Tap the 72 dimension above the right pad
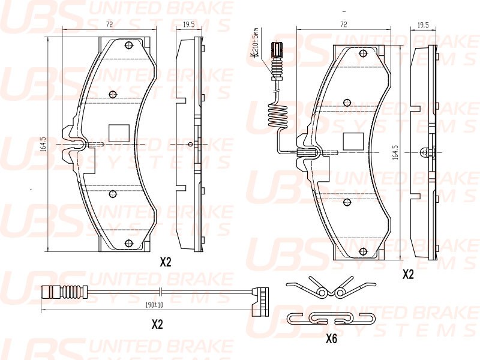click(343, 25)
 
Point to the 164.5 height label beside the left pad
click(43, 145)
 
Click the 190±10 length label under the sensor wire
click(155, 305)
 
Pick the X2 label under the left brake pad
click(166, 262)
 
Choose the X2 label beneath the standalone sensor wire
click(157, 324)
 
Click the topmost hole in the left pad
click(127, 46)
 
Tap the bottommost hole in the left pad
click(127, 243)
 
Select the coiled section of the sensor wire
click(278, 116)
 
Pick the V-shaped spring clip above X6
click(325, 288)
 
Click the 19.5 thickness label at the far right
click(422, 25)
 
